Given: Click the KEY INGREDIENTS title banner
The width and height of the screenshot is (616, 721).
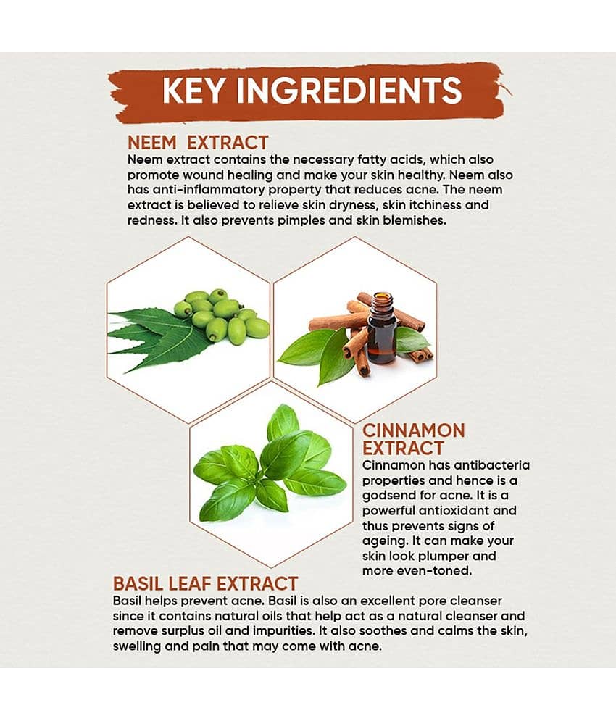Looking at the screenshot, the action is tap(309, 92).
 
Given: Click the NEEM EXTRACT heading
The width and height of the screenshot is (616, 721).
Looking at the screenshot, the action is tap(197, 143).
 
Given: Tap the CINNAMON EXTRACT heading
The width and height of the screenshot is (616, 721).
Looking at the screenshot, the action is tap(413, 439).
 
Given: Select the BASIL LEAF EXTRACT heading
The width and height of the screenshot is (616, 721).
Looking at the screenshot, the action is tap(205, 583).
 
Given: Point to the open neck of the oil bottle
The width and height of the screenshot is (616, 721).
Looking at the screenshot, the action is tap(382, 296).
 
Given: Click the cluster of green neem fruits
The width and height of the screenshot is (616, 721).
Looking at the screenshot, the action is tap(222, 315).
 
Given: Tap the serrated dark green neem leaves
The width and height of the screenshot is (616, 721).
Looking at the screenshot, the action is tap(154, 338).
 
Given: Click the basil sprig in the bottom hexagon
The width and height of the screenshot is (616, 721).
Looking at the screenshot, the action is tap(269, 464).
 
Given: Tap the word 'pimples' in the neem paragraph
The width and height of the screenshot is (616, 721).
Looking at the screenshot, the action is tap(301, 221).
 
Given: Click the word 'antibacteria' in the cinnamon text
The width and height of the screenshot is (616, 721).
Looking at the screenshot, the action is tap(491, 465).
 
